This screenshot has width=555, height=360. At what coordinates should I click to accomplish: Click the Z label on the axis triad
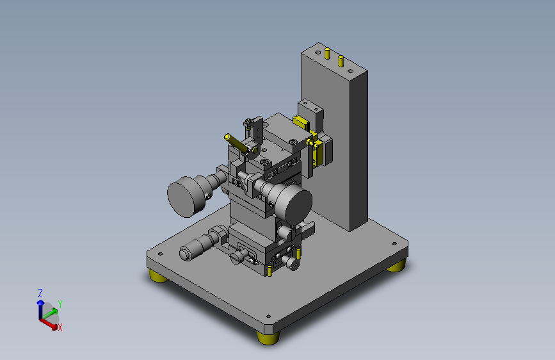pos(40,293)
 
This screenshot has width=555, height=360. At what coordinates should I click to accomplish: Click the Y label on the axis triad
pos(60,304)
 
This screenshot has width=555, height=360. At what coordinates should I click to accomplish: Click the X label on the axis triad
pos(60,327)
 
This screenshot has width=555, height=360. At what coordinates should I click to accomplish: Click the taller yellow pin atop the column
pos(327,53)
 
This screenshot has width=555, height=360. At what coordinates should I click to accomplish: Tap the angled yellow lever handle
pos(237,144)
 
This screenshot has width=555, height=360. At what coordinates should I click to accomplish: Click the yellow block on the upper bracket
pos(299,120)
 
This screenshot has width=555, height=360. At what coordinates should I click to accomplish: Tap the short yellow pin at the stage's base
pos(271,272)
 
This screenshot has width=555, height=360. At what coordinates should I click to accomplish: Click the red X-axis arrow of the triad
pos(49,322)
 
